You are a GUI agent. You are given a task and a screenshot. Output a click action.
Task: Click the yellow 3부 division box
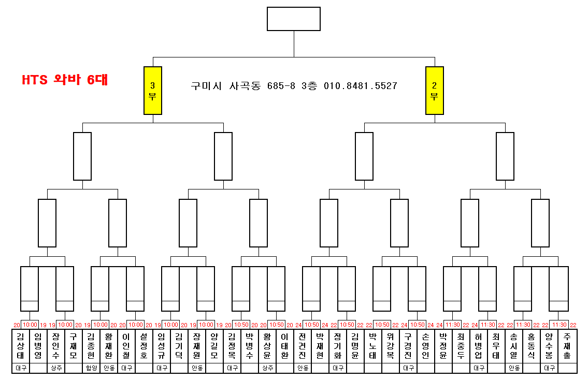(x=153, y=90)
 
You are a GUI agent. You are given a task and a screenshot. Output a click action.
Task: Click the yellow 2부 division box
(x=435, y=90)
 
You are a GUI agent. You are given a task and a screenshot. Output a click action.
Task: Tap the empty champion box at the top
(x=294, y=19)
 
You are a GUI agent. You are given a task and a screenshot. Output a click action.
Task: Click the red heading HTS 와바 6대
(x=65, y=80)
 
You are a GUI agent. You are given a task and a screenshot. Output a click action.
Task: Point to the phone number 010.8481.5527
(x=361, y=85)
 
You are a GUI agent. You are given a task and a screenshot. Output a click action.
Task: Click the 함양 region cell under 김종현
(x=91, y=368)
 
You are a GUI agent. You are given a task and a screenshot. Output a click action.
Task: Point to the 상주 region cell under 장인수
(x=55, y=368)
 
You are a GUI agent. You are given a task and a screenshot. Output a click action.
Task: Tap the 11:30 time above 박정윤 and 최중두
(x=453, y=325)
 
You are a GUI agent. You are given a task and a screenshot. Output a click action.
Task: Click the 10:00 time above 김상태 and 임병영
(x=30, y=325)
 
